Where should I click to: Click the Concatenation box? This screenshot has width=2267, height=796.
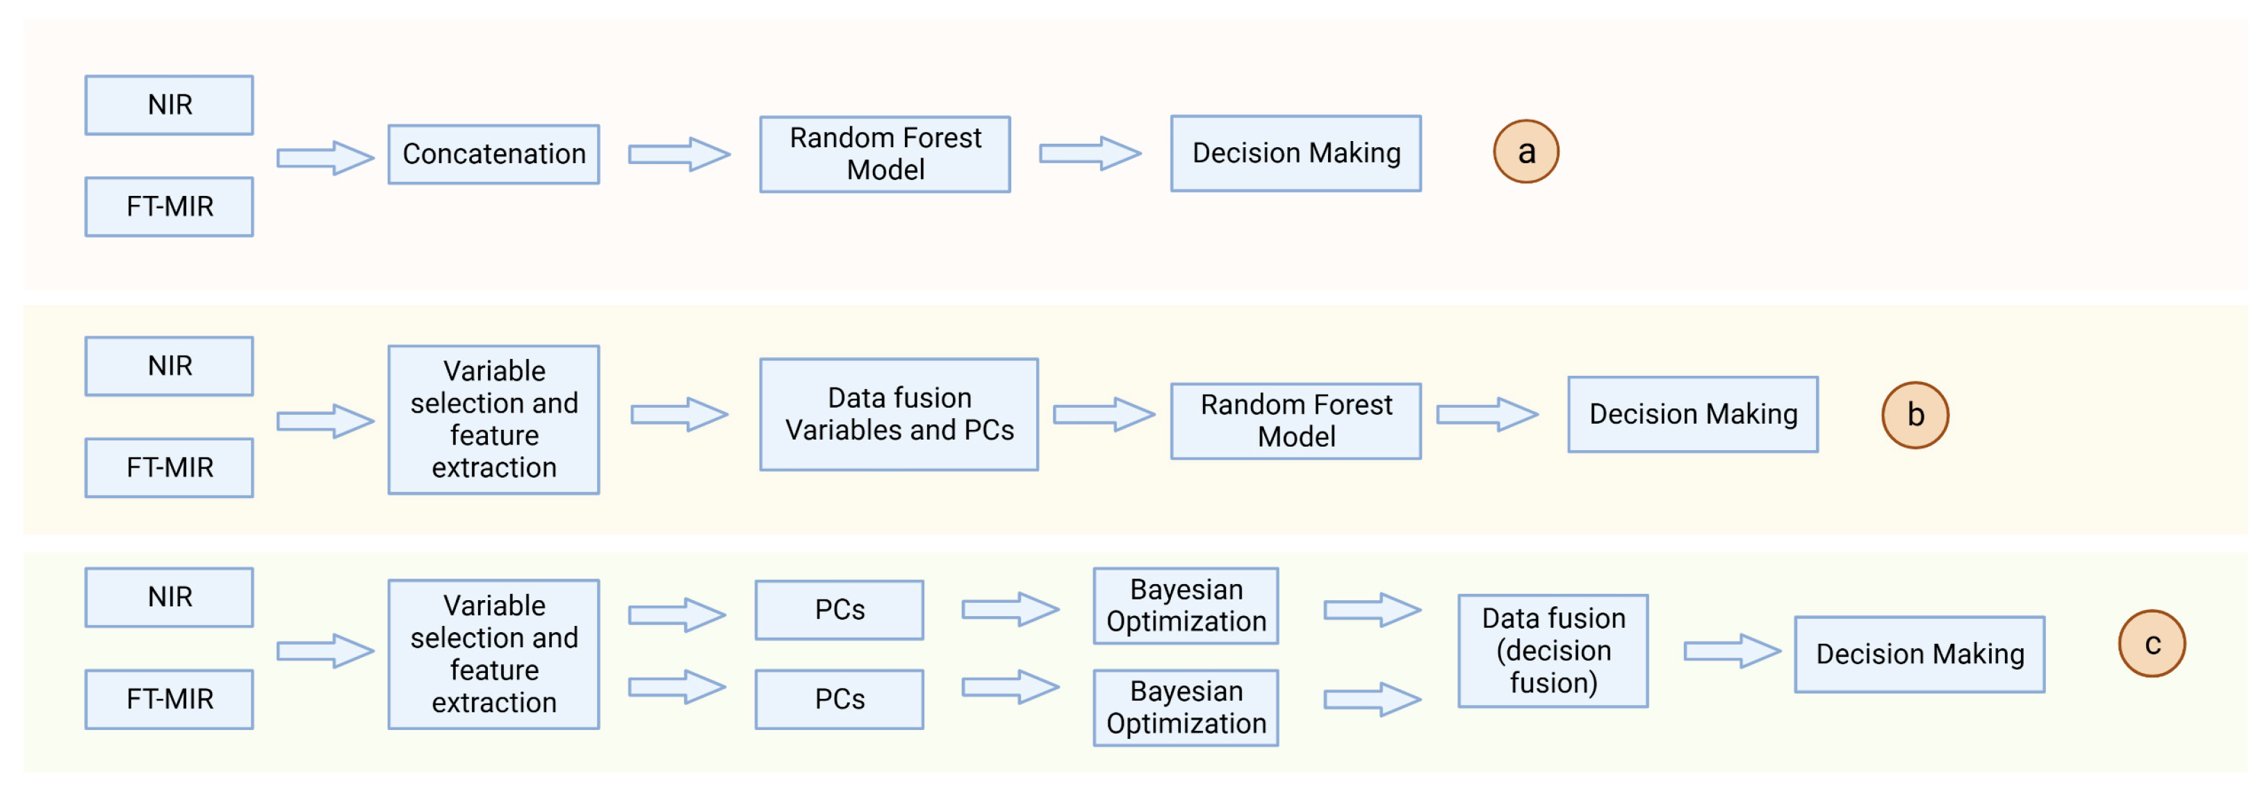(x=493, y=154)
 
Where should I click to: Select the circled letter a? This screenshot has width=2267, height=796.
(x=1526, y=152)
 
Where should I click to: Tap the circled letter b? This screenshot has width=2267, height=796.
(x=1915, y=414)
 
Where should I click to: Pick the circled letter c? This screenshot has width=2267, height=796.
(x=2152, y=644)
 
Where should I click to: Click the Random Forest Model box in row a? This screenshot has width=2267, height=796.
(x=885, y=154)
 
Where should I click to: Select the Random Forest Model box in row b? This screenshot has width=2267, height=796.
(x=1295, y=420)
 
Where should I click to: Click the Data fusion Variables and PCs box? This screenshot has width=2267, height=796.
(x=899, y=414)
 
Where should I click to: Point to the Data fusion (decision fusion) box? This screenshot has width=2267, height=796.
(x=1553, y=651)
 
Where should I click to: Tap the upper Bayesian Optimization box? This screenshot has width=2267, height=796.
(x=1186, y=606)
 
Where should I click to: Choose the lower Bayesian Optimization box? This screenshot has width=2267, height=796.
(x=1186, y=708)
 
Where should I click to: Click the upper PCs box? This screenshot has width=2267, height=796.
(x=839, y=610)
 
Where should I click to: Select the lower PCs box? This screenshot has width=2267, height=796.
(x=839, y=699)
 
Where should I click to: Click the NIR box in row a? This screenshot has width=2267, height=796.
(x=169, y=105)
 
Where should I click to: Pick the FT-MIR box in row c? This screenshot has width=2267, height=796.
(x=169, y=699)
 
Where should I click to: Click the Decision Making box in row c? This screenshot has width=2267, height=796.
(x=1920, y=654)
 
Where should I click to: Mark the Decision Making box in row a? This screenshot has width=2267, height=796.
(x=1295, y=153)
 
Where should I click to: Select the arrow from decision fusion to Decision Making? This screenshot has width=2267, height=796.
(x=1731, y=651)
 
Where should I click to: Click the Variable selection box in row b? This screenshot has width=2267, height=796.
(x=493, y=420)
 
